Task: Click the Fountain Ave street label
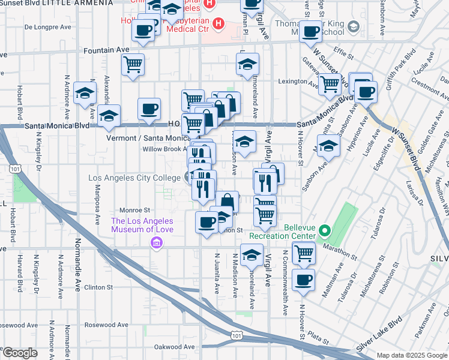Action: (x=106, y=50)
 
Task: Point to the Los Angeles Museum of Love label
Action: (x=142, y=225)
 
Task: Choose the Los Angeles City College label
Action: (x=135, y=178)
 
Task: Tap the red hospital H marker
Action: (x=218, y=25)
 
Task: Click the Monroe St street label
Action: (x=134, y=211)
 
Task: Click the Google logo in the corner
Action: (x=20, y=353)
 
